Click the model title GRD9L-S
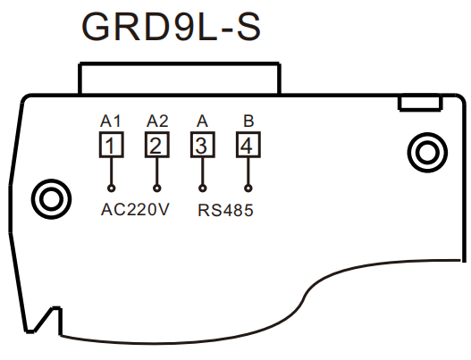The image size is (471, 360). [x=171, y=27]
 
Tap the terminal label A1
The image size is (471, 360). [x=111, y=121]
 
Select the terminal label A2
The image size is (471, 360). [x=157, y=121]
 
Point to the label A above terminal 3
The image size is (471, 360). [x=202, y=121]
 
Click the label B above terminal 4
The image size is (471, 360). [x=248, y=121]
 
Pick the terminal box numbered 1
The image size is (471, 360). [x=112, y=145]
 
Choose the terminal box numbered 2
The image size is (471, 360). [x=157, y=145]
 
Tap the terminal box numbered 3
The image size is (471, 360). [x=203, y=145]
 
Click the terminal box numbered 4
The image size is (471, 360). [x=248, y=145]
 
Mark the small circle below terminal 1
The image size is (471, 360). [x=112, y=188]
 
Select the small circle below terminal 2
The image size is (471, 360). [x=157, y=188]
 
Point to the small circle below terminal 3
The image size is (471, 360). [x=203, y=188]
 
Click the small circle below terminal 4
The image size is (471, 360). [x=248, y=188]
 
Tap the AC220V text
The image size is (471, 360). [x=135, y=210]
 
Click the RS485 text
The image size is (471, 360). [x=225, y=210]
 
